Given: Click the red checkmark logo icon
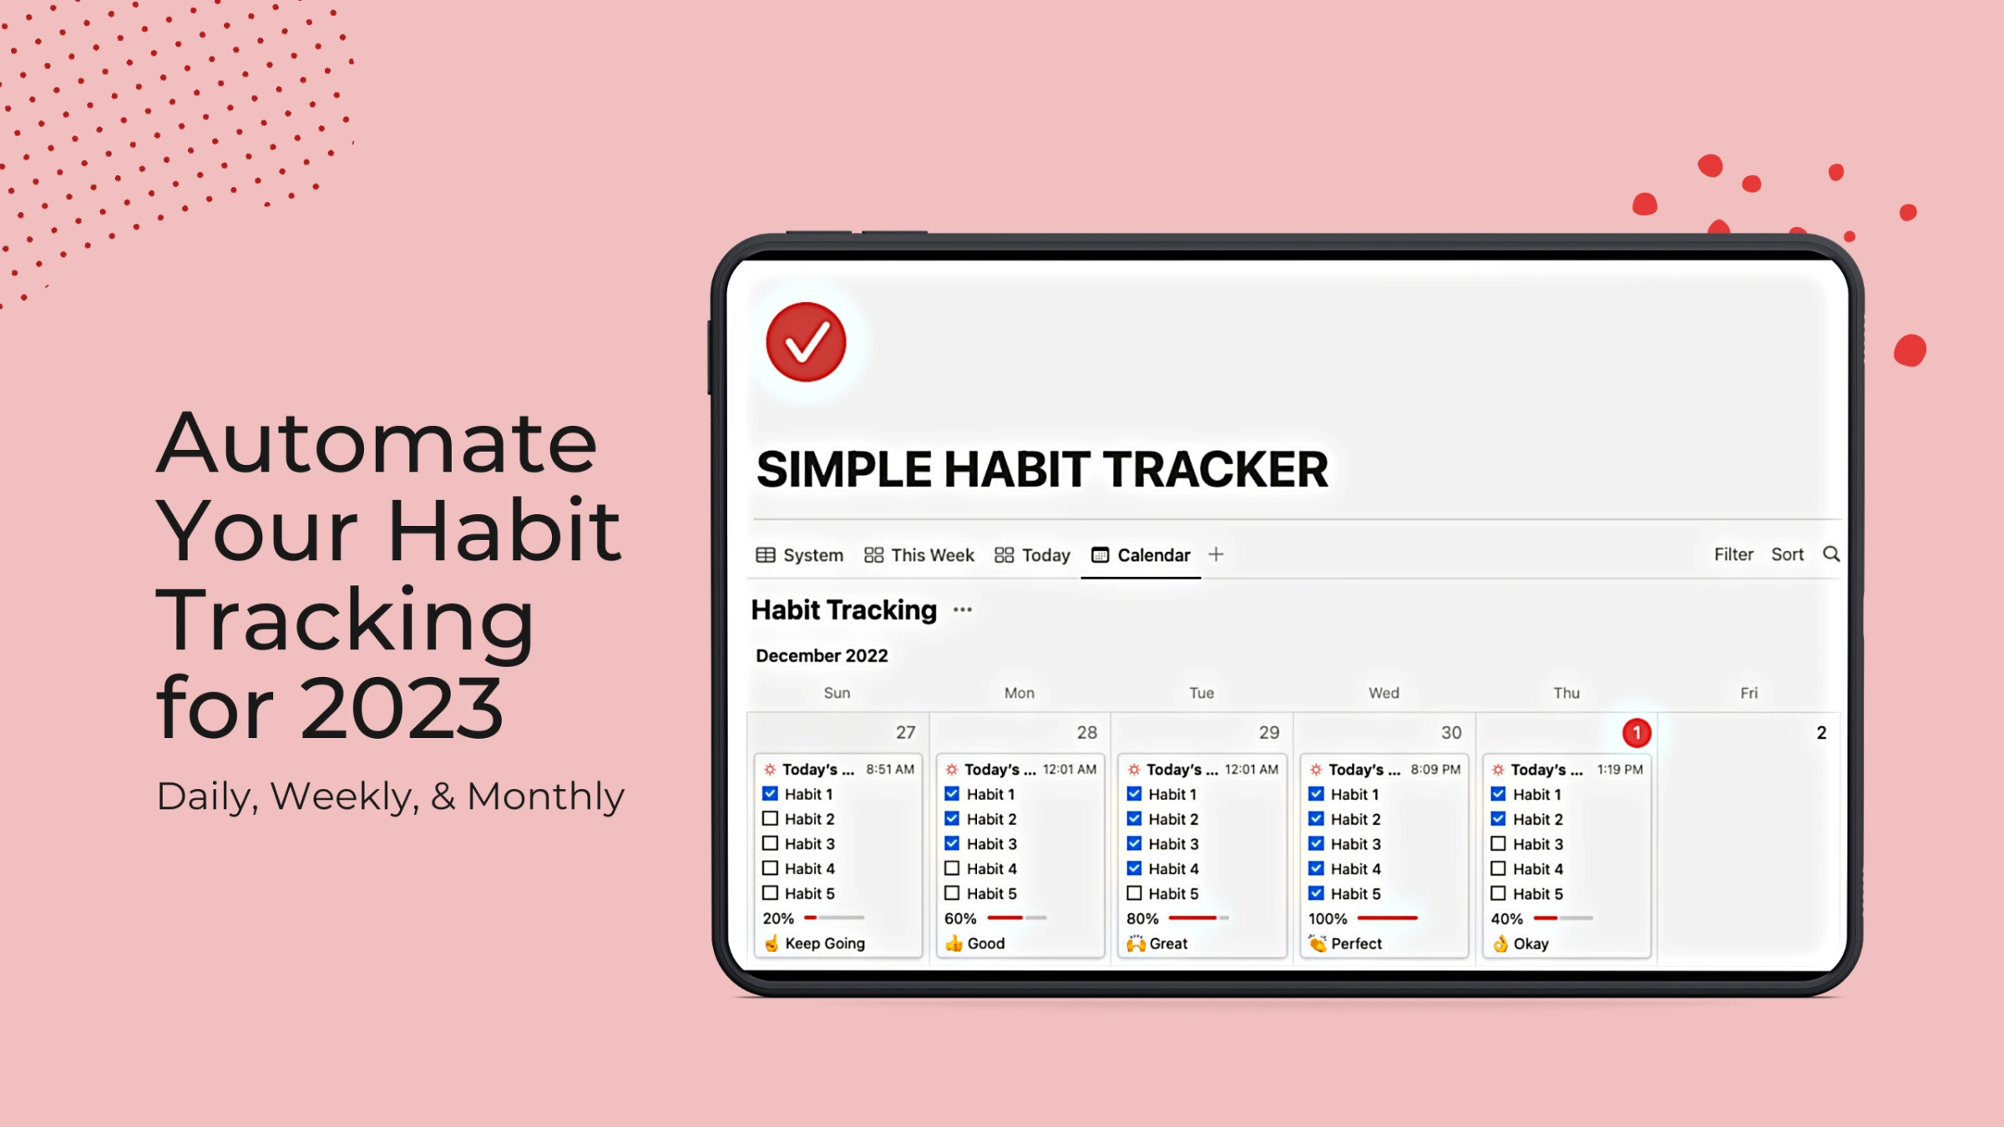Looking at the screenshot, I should point(806,342).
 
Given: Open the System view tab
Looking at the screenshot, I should point(800,555).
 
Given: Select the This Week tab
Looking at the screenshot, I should point(919,555).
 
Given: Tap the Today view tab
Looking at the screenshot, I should point(1033,555).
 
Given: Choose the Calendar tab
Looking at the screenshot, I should point(1141,555).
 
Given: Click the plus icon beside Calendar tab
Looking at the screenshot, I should point(1216,554).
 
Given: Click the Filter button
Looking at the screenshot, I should point(1733,554).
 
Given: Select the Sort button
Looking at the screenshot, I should point(1787,554).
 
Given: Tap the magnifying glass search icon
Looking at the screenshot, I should point(1831,554).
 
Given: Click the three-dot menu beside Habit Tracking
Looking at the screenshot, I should point(963,610).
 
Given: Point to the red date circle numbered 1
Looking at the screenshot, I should point(1637,733).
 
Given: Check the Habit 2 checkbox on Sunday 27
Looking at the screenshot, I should point(770,819).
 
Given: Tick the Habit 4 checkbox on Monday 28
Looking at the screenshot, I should point(952,868).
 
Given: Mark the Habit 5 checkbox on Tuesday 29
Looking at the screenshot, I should point(1134,893).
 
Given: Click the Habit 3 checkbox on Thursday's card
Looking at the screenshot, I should point(1498,844).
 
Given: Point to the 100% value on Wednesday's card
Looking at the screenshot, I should point(1328,918).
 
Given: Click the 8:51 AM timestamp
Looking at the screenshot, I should point(890,769).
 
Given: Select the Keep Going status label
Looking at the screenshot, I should point(824,943).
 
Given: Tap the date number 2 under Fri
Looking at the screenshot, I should point(1821,733).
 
